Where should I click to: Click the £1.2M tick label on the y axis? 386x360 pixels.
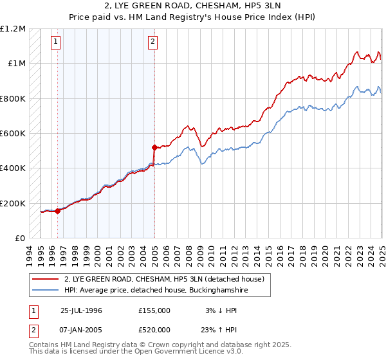click(x=13, y=29)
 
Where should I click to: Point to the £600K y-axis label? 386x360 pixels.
click(x=13, y=134)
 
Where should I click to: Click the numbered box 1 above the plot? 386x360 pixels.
click(x=56, y=42)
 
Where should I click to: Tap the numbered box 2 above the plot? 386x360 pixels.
click(x=153, y=42)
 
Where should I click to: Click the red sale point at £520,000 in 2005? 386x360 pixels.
click(x=154, y=147)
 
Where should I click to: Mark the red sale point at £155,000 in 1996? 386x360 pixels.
click(x=58, y=210)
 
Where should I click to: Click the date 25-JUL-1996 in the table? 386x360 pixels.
click(x=81, y=310)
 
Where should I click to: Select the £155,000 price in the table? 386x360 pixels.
click(x=154, y=310)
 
